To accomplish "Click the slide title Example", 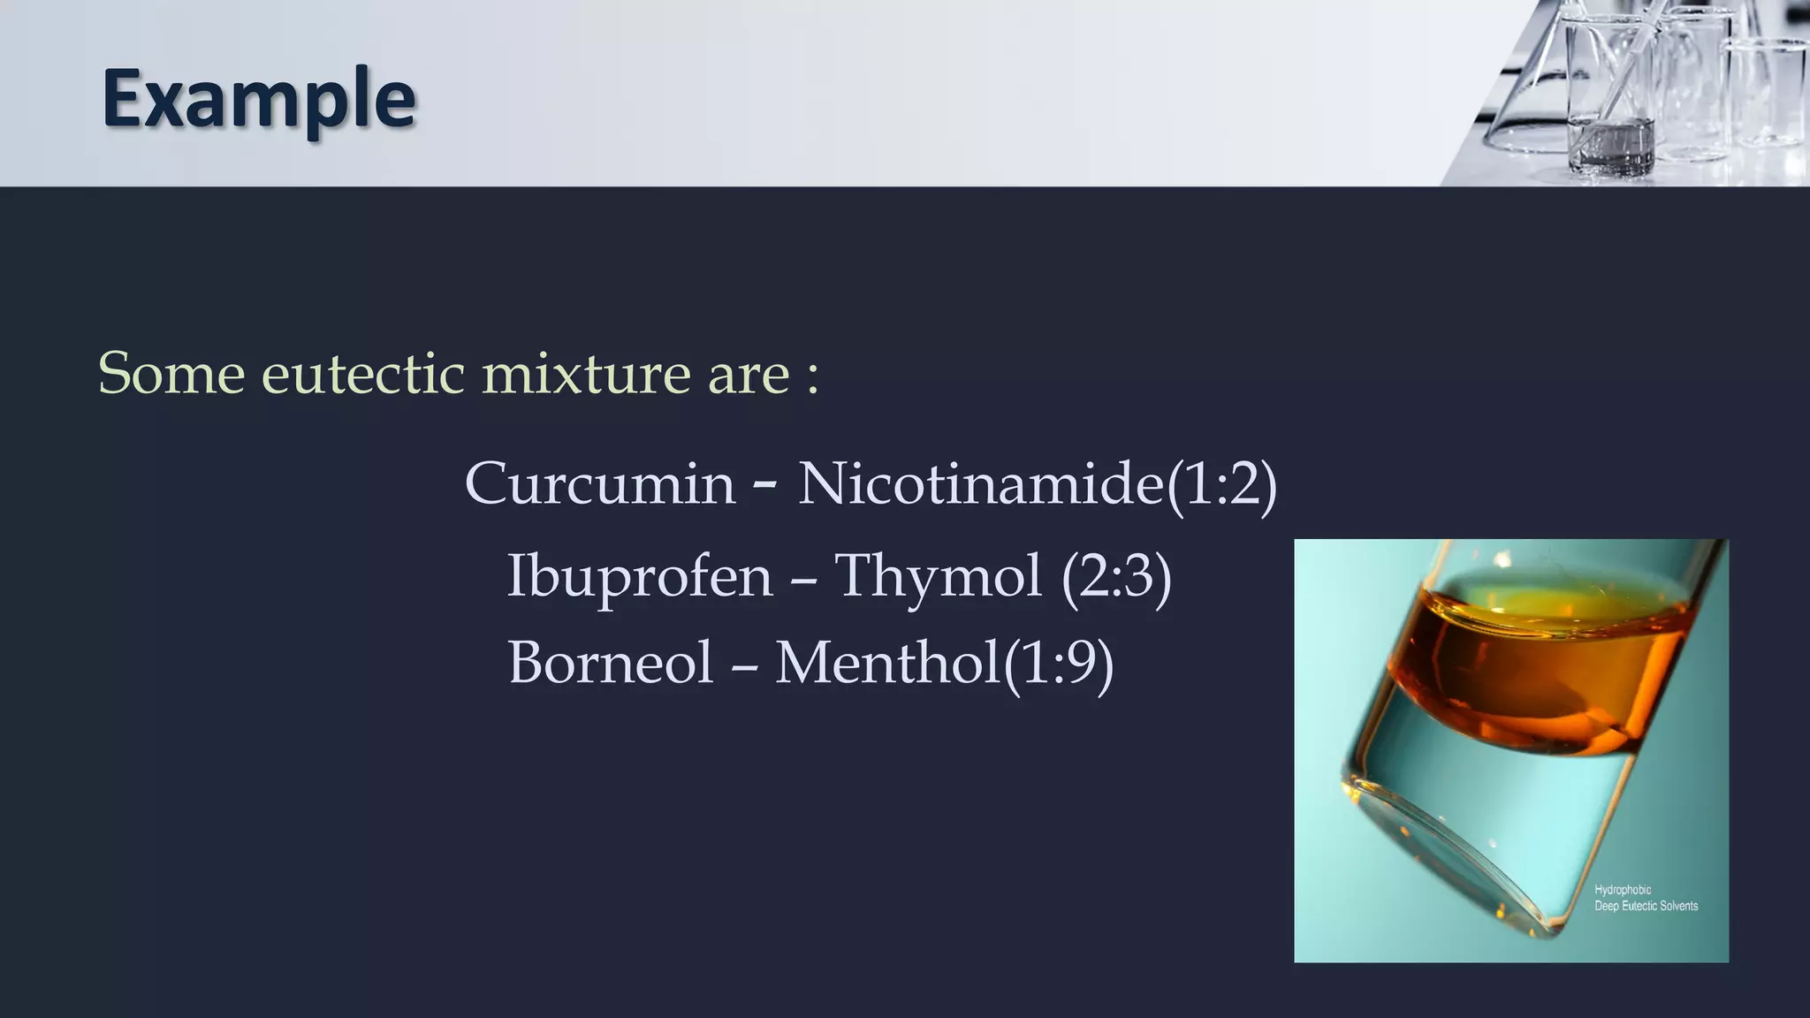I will pyautogui.click(x=258, y=99).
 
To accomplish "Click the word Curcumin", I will pyautogui.click(x=600, y=484).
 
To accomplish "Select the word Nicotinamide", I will pyautogui.click(x=981, y=484).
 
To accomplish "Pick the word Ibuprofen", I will pyautogui.click(x=640, y=576).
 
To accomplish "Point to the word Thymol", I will pyautogui.click(x=939, y=576).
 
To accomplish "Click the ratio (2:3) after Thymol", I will pyautogui.click(x=1116, y=577).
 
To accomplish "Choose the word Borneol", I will pyautogui.click(x=610, y=663).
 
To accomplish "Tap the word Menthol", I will pyautogui.click(x=887, y=663).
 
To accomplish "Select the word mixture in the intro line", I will pyautogui.click(x=586, y=374).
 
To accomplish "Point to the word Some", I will pyautogui.click(x=171, y=374).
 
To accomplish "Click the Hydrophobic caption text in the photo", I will pyautogui.click(x=1623, y=890).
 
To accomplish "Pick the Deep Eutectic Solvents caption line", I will pyautogui.click(x=1646, y=906).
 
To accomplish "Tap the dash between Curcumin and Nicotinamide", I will pyautogui.click(x=765, y=485).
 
